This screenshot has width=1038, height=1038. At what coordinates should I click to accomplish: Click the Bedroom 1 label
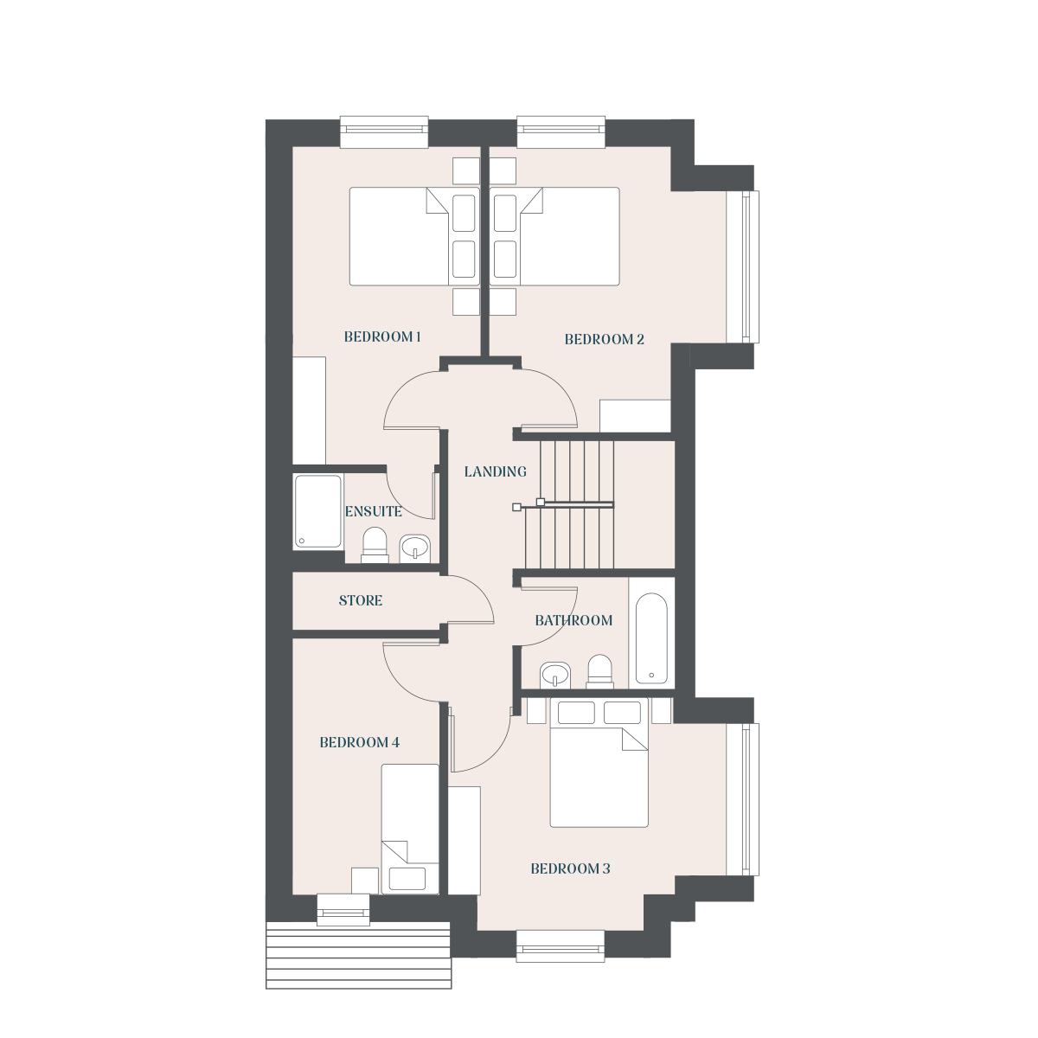[x=382, y=337]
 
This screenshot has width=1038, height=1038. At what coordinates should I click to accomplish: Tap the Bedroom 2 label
[x=604, y=339]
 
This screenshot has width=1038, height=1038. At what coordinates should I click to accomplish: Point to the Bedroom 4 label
[x=359, y=743]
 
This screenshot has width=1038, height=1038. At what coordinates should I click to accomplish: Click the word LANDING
[x=495, y=472]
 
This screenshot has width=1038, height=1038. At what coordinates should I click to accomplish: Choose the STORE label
[x=361, y=600]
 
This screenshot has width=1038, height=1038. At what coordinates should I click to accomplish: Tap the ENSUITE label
[x=374, y=512]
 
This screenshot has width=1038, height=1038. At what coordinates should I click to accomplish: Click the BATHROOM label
[x=573, y=620]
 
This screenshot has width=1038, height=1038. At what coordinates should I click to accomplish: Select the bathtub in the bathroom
[x=651, y=638]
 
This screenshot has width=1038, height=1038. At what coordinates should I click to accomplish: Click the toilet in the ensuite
[x=375, y=545]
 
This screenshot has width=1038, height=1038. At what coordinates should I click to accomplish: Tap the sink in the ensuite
[x=415, y=548]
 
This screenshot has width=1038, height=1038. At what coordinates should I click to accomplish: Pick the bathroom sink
[x=555, y=675]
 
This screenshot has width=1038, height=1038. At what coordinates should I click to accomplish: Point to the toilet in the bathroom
[x=599, y=671]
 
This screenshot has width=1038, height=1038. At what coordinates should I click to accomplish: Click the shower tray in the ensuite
[x=317, y=512]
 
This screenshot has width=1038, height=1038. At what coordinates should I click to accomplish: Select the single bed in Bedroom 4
[x=410, y=830]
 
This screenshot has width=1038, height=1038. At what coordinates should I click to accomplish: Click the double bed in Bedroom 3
[x=599, y=762]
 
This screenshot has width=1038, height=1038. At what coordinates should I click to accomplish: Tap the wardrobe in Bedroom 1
[x=309, y=410]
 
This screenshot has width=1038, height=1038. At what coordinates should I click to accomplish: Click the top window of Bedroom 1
[x=384, y=131]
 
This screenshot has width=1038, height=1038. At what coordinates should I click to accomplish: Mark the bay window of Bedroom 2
[x=743, y=266]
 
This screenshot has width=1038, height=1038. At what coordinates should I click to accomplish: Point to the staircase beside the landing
[x=577, y=504]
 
